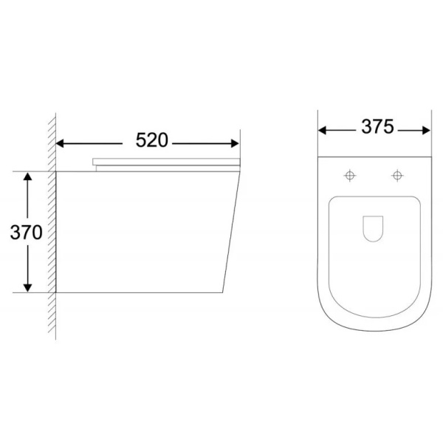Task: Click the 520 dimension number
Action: pos(152,140)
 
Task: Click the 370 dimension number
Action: pos(27,233)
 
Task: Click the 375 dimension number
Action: pos(377,126)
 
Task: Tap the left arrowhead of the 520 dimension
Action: pos(60,143)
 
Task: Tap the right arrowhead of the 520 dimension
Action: pos(235,143)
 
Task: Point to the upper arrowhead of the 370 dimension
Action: pos(27,176)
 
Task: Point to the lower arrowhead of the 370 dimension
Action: pos(27,287)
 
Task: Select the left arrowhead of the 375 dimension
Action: pos(323,131)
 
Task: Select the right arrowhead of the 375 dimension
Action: pos(426,131)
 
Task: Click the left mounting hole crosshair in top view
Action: pos(350,176)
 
